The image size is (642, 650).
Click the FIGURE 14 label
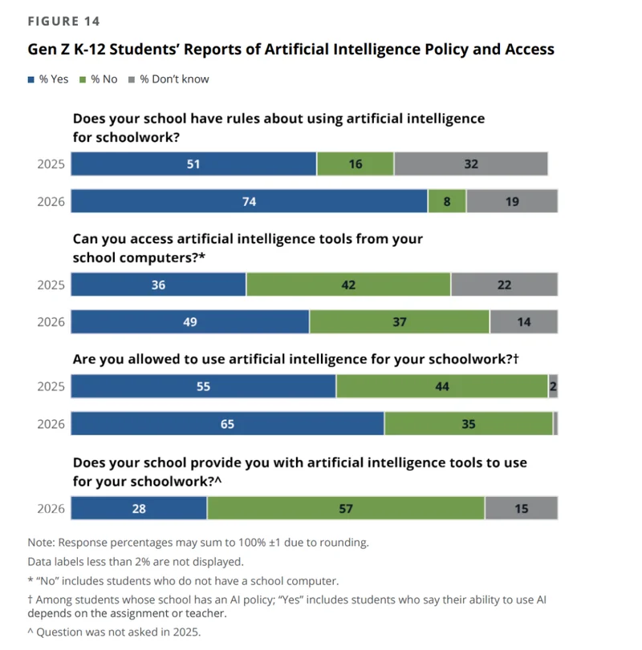point(63,21)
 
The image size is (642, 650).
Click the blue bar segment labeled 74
point(249,202)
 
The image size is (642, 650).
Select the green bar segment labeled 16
point(356,164)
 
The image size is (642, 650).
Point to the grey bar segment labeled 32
point(471,164)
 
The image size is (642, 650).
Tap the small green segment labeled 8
point(447,202)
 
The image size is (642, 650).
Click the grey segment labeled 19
point(512,202)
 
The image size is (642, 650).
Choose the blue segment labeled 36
point(159,285)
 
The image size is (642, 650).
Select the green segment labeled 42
point(348,285)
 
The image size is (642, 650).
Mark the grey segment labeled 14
point(523,322)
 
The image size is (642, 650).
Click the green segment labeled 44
point(442,386)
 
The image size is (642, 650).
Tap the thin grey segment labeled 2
point(553,386)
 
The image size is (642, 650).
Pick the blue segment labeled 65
point(228,424)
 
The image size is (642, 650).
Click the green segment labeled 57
point(346,508)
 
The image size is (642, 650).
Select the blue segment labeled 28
point(139,508)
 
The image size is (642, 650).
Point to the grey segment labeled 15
point(522,508)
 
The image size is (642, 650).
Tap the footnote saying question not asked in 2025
point(114,631)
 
